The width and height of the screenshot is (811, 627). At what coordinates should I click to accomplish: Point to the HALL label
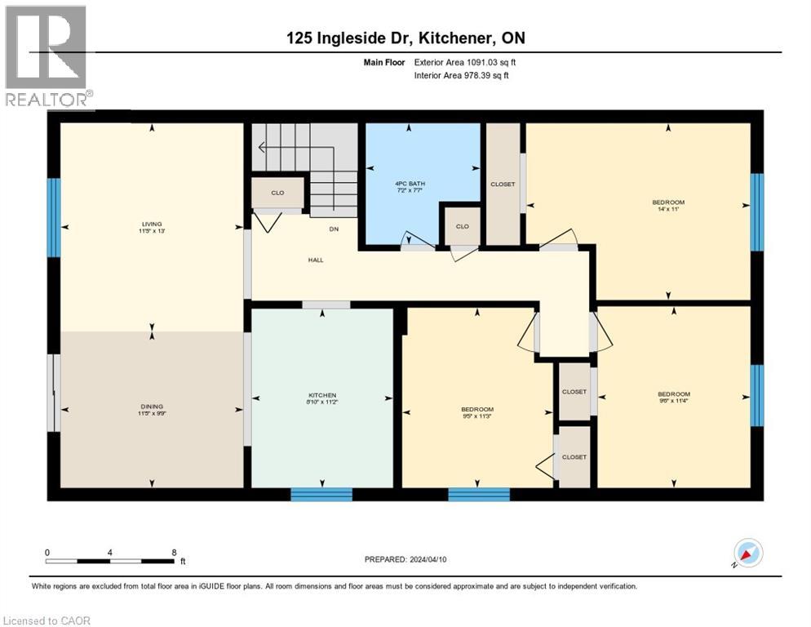tap(316, 260)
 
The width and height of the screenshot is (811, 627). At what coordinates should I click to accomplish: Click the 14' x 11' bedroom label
tap(667, 206)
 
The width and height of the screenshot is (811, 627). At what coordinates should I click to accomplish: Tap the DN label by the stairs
tap(334, 229)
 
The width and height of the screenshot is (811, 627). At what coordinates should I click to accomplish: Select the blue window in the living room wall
tap(54, 206)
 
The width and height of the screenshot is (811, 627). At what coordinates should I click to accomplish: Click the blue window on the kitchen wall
tap(321, 494)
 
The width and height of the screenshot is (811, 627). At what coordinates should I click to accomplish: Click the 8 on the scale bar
tap(174, 552)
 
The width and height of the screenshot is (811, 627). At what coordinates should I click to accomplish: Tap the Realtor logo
tap(47, 56)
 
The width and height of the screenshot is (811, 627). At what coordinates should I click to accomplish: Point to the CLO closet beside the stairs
tap(277, 193)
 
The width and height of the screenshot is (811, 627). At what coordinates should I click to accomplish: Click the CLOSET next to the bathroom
tap(503, 185)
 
